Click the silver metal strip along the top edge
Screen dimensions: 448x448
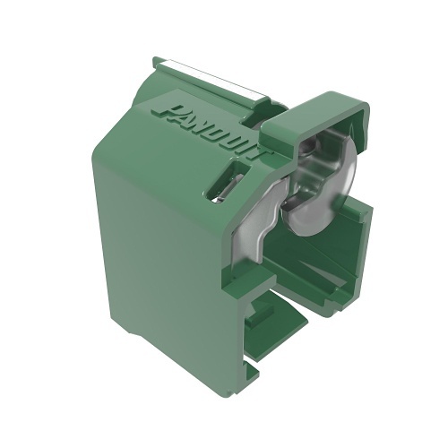(x=215, y=81)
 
